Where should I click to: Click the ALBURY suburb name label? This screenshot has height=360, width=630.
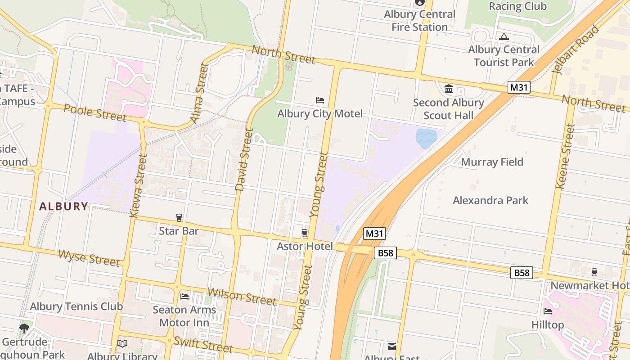click(x=63, y=207)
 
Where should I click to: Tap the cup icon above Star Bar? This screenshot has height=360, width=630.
click(x=179, y=218)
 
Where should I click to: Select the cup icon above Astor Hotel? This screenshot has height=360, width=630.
click(x=305, y=233)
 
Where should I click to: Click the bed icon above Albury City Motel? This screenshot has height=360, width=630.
click(x=320, y=100)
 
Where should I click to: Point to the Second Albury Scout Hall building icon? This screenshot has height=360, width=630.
click(x=449, y=89)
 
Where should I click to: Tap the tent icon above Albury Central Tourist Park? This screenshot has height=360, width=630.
click(x=504, y=36)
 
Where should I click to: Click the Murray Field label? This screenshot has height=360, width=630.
click(x=492, y=162)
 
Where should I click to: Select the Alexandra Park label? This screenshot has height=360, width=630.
click(x=490, y=200)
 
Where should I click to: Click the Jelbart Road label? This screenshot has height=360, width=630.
click(x=576, y=49)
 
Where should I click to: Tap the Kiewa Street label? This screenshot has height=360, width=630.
click(x=138, y=186)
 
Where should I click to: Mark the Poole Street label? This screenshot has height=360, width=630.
click(x=94, y=112)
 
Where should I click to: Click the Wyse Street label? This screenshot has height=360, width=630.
click(x=89, y=258)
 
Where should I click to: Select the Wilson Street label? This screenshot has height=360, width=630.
click(x=242, y=296)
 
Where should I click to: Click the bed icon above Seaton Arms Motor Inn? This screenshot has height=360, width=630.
click(x=184, y=296)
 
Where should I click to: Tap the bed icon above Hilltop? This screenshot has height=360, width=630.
click(x=548, y=311)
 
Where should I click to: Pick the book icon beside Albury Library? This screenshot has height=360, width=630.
click(x=122, y=344)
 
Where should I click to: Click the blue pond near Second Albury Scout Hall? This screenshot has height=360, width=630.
click(x=426, y=138)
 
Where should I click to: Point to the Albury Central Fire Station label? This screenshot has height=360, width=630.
click(x=419, y=21)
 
